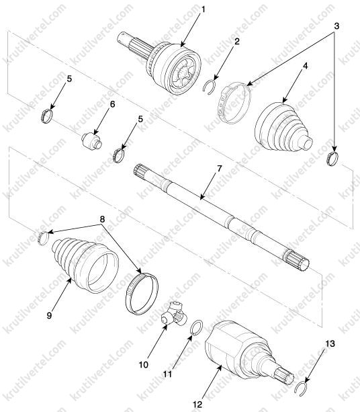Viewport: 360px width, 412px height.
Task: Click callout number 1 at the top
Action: [x=202, y=9]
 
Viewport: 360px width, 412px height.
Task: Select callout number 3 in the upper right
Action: [x=336, y=26]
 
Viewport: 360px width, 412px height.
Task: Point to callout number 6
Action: [x=112, y=104]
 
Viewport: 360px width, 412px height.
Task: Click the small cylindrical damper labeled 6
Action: [x=91, y=141]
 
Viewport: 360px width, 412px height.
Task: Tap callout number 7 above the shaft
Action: [x=219, y=169]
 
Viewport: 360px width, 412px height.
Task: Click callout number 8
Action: [x=102, y=219]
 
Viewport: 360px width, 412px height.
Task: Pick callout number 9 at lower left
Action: [x=49, y=315]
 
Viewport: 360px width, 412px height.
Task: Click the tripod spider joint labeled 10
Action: [x=173, y=314]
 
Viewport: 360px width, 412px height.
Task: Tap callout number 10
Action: [x=144, y=364]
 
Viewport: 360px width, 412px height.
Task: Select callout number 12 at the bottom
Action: [x=197, y=404]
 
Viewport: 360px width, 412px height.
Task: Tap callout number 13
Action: [x=330, y=343]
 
